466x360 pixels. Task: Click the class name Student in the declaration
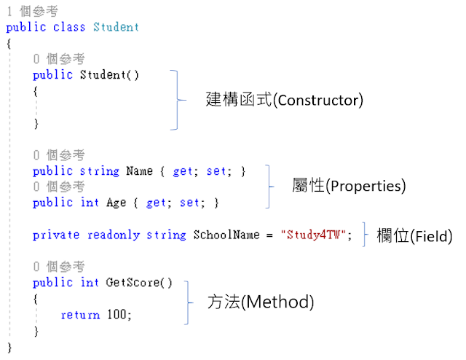pyautogui.click(x=116, y=27)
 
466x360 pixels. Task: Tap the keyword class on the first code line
pyautogui.click(x=69, y=27)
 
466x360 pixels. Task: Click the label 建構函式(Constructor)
pyautogui.click(x=284, y=100)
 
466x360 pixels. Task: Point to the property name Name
pyautogui.click(x=139, y=171)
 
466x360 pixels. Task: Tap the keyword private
pyautogui.click(x=57, y=235)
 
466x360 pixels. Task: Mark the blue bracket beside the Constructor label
pyautogui.click(x=175, y=100)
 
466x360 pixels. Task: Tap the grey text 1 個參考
pyautogui.click(x=33, y=11)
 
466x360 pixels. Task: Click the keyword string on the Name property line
pyautogui.click(x=99, y=171)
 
